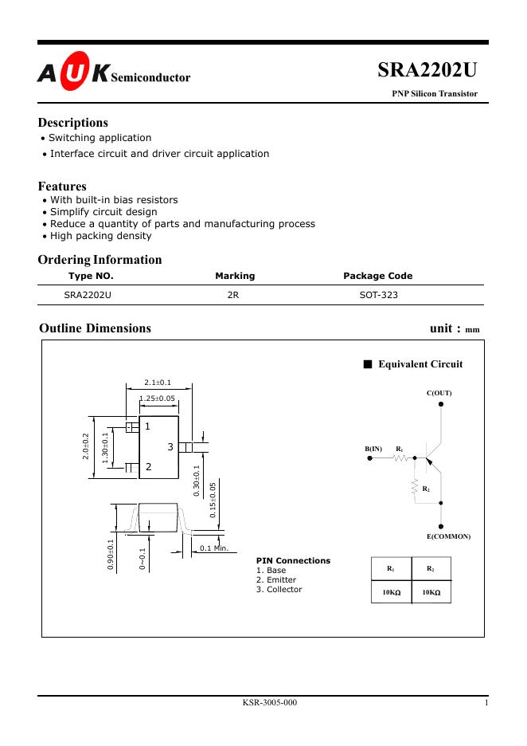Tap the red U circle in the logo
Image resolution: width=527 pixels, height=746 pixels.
click(72, 74)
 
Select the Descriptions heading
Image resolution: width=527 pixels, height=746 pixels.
click(72, 123)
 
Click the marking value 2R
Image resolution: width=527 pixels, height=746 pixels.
click(233, 295)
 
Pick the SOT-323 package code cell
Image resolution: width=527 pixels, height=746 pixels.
click(378, 295)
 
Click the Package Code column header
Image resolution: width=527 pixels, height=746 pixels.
click(377, 276)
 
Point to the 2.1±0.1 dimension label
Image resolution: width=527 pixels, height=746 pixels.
click(158, 383)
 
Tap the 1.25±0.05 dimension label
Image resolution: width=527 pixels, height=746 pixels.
click(158, 398)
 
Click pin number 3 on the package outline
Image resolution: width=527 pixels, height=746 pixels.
click(170, 447)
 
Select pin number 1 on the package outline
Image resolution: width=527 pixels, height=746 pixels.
click(148, 426)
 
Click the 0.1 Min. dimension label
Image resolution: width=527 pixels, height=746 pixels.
click(213, 548)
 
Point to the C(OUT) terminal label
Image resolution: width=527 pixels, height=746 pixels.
click(439, 393)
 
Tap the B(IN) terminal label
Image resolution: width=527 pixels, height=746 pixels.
click(374, 450)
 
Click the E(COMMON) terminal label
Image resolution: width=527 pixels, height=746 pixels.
click(449, 536)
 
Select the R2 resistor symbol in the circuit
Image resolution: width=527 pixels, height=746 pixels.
click(414, 487)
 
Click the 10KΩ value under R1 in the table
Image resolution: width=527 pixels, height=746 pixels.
click(391, 593)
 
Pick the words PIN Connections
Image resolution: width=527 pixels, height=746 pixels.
click(293, 560)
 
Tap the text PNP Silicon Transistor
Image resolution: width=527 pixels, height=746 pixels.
click(435, 93)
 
